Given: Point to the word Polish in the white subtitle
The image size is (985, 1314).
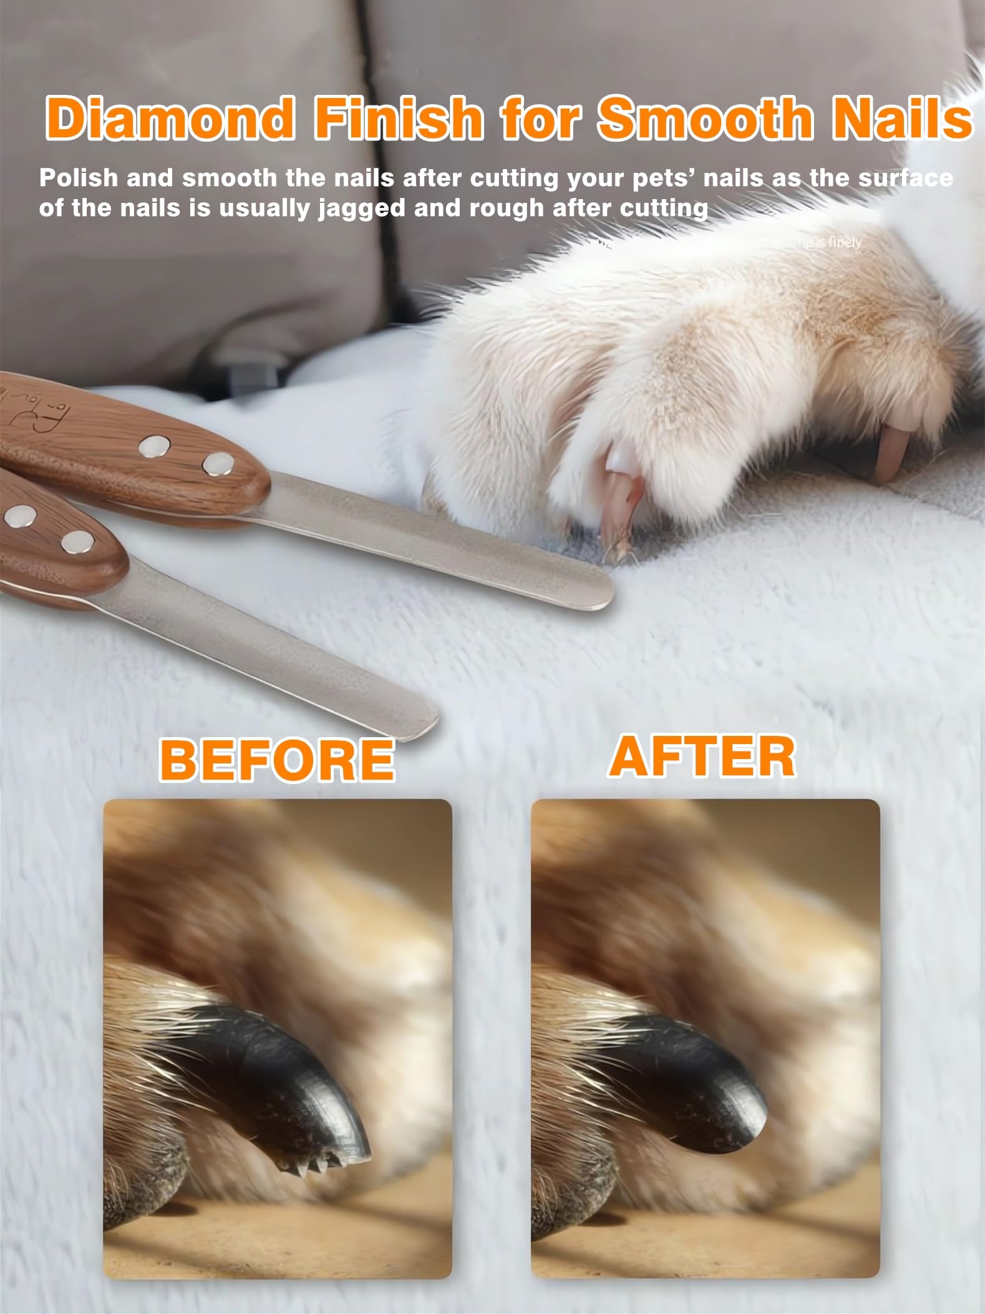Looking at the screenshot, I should [x=78, y=179].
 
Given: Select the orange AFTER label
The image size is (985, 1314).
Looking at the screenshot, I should [x=702, y=756].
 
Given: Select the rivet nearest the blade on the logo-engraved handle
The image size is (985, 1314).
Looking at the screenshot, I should [x=218, y=463].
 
